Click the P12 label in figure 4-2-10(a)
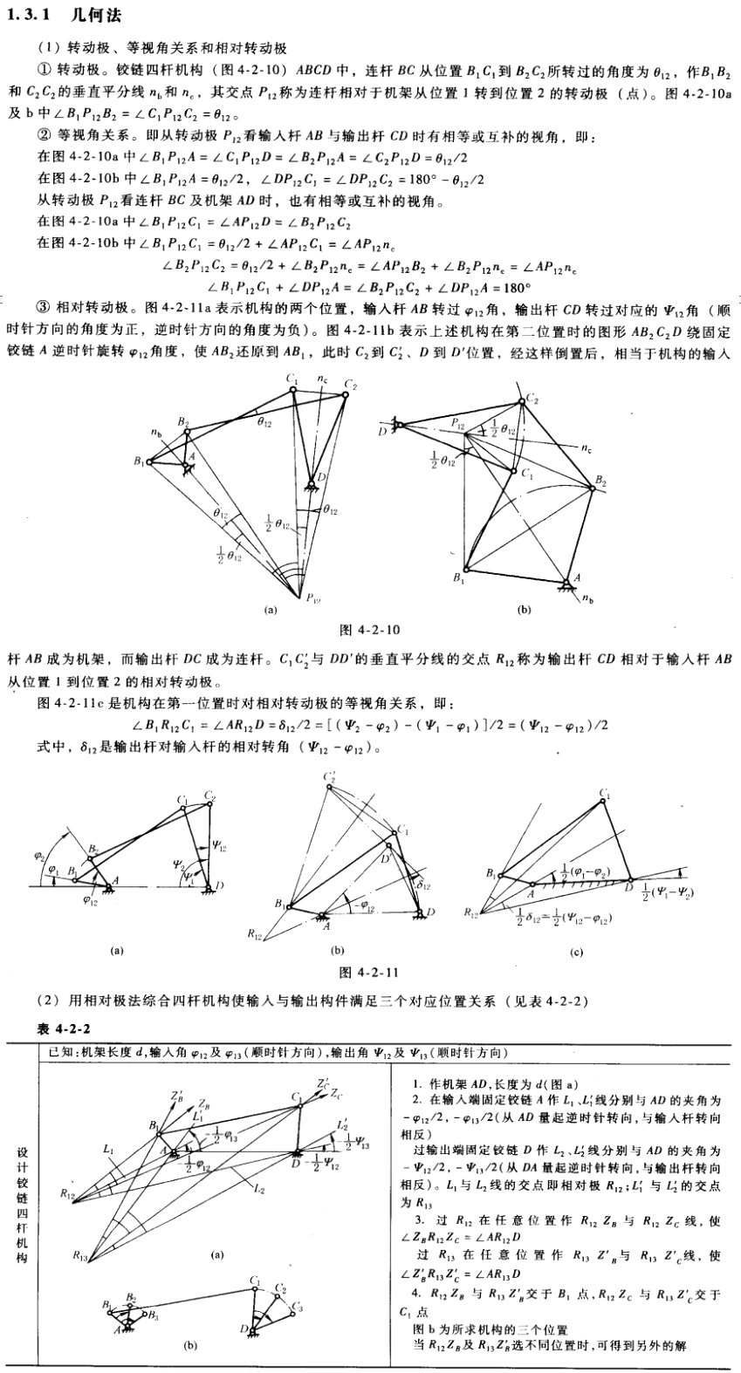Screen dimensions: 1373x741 pos(307,597)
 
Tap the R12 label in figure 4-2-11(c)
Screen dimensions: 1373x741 pos(472,912)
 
